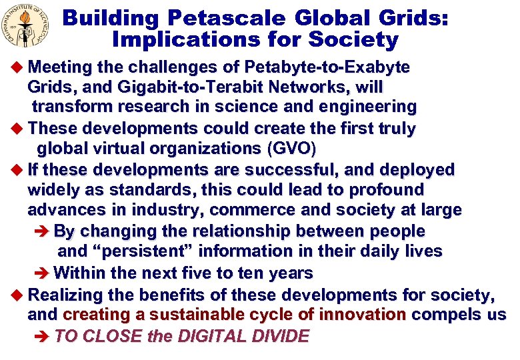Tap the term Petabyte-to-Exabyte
tap(327, 68)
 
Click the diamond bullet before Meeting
tap(18, 68)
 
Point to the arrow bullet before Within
tap(41, 273)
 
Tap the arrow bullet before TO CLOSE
tap(41, 336)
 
